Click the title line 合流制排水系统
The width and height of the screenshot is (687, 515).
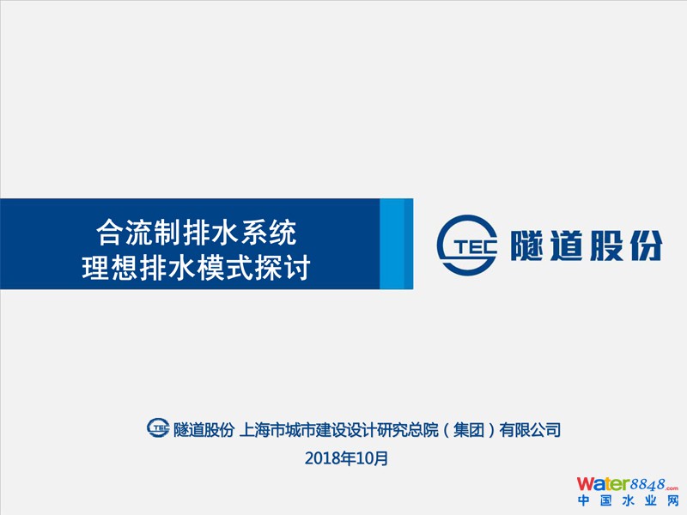tap(197, 233)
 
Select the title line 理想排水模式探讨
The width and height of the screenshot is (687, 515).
tap(197, 267)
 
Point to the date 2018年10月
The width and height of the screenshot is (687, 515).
tap(346, 458)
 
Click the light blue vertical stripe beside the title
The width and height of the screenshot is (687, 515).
tap(392, 244)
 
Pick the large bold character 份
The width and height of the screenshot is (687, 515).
tap(646, 245)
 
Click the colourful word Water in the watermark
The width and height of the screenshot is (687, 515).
tap(603, 484)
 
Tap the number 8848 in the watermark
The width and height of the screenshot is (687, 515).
tap(647, 485)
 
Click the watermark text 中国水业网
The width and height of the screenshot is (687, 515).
tap(628, 500)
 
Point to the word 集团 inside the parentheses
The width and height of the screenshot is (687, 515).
tap(468, 430)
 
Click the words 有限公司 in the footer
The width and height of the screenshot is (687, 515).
tap(530, 430)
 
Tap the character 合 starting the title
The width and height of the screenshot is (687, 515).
tap(110, 233)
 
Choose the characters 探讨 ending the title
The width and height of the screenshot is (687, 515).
tap(283, 267)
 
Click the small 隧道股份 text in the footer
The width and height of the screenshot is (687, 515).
tap(204, 430)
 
